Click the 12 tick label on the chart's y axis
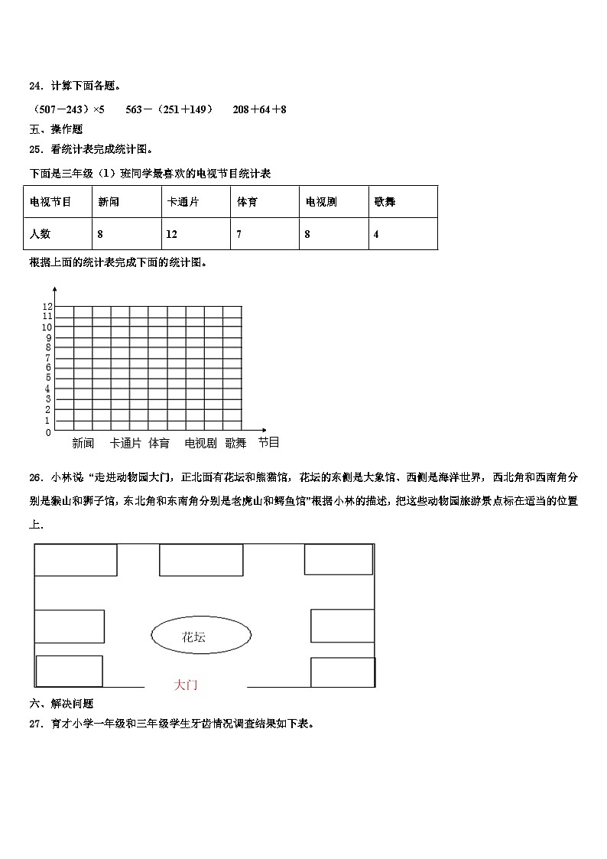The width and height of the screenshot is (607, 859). click(x=47, y=306)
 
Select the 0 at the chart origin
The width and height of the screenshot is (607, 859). click(x=48, y=433)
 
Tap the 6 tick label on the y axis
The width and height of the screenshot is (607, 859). click(x=47, y=368)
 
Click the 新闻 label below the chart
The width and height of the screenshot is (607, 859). click(x=83, y=443)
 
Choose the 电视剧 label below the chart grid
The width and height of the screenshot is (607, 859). click(x=200, y=443)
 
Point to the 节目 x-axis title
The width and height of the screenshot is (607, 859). click(x=268, y=442)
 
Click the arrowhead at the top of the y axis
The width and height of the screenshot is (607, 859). click(x=55, y=289)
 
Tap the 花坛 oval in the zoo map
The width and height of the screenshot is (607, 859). click(x=201, y=636)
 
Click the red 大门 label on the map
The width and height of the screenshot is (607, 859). click(x=186, y=685)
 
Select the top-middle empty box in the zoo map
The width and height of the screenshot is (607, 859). click(x=201, y=560)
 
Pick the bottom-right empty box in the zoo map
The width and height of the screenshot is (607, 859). click(x=342, y=672)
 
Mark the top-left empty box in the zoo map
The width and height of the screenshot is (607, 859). click(x=76, y=560)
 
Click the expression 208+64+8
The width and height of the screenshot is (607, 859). click(x=259, y=109)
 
